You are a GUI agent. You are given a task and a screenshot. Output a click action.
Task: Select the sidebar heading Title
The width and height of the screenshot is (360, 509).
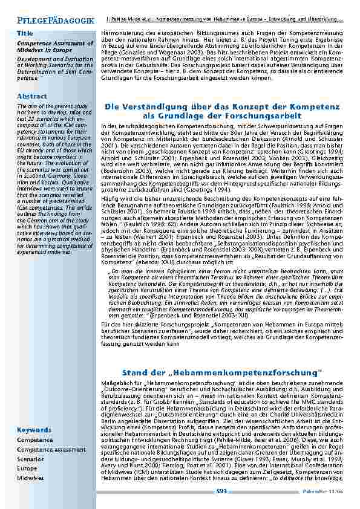tap(25, 33)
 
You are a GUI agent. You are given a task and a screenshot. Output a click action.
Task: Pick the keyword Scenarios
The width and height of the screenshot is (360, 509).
tap(30, 459)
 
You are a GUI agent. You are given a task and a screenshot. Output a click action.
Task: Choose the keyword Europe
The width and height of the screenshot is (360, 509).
tap(27, 468)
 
